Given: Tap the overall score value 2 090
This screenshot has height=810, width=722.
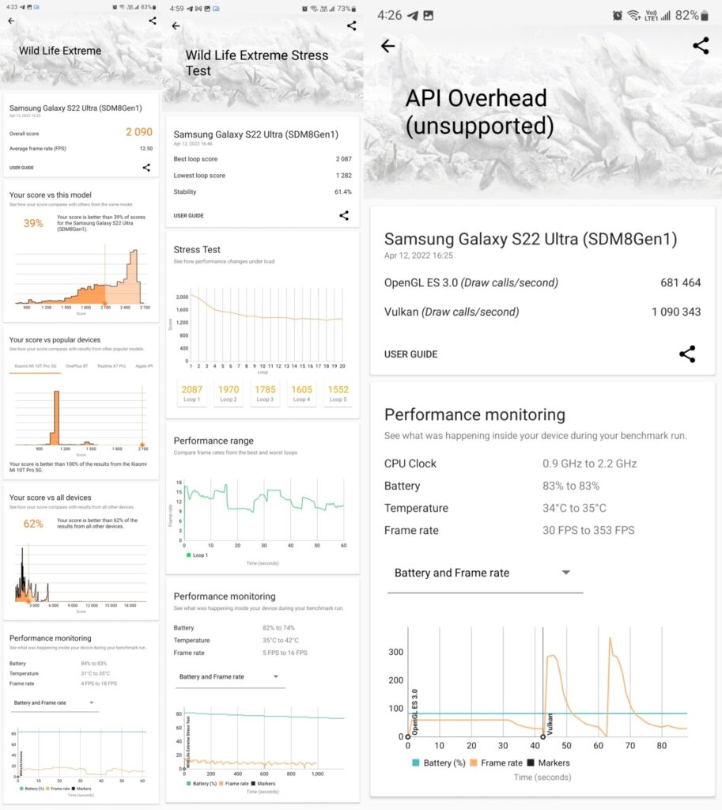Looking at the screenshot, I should click(x=138, y=132).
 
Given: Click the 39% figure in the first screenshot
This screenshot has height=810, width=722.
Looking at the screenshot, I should click(x=33, y=224).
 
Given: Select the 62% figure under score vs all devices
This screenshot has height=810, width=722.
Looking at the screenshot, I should click(x=33, y=524).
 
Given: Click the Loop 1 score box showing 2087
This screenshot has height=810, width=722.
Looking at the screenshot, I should click(x=192, y=393).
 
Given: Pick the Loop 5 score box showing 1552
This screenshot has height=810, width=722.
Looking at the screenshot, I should click(x=338, y=393).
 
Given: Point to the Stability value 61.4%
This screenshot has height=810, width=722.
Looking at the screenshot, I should click(x=342, y=192).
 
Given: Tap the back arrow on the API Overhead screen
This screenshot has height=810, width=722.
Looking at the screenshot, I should click(x=387, y=46).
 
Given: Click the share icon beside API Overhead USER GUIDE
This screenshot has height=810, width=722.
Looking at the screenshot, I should click(x=687, y=354).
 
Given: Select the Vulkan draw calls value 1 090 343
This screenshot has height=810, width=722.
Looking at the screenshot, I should click(x=676, y=312).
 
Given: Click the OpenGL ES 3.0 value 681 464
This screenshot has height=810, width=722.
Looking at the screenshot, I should click(x=680, y=282).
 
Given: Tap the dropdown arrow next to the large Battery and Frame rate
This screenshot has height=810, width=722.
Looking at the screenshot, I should click(x=565, y=573).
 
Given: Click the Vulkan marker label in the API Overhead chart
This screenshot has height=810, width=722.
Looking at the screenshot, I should click(x=550, y=725).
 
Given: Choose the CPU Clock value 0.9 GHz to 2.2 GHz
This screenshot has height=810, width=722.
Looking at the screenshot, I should click(x=589, y=464).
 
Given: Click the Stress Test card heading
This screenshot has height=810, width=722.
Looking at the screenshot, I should click(x=198, y=249).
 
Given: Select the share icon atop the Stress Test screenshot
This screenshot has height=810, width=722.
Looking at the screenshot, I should click(x=351, y=25).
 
